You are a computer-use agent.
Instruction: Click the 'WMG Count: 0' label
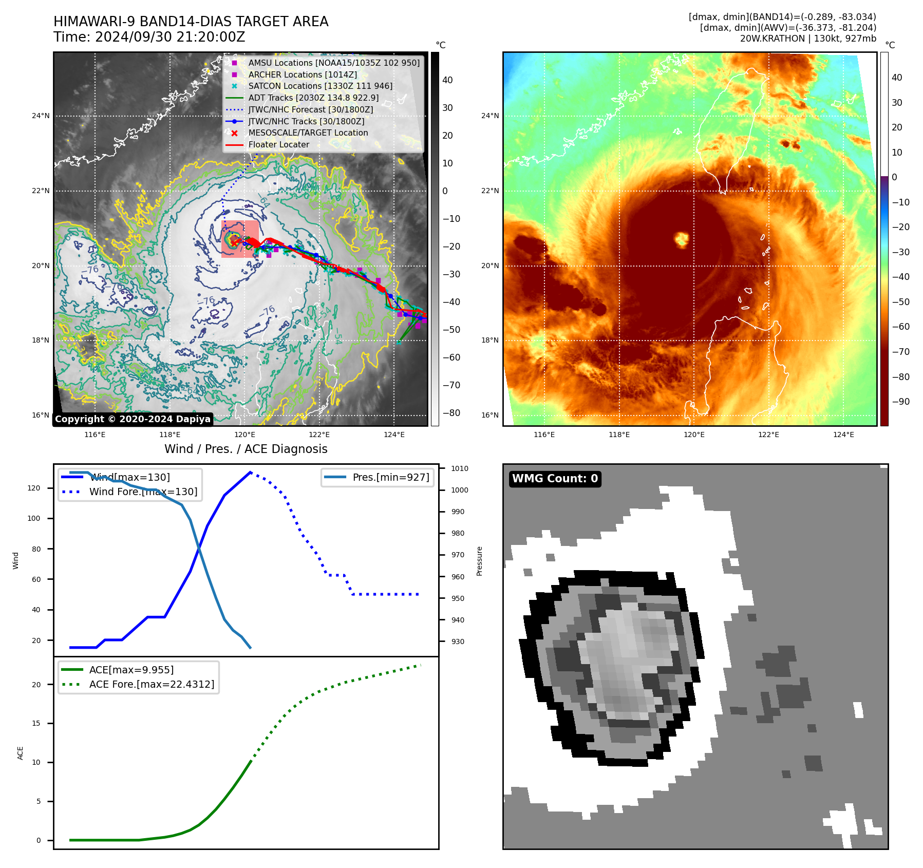pos(555,479)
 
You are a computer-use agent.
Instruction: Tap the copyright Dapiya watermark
pos(133,419)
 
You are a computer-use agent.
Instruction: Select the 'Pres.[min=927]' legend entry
pos(390,477)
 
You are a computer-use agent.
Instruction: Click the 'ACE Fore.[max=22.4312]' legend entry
pos(152,684)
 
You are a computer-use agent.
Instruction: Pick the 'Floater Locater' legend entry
pos(278,145)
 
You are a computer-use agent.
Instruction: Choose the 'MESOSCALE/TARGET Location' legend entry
pos(308,133)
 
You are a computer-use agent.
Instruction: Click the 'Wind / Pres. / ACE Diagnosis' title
pos(246,449)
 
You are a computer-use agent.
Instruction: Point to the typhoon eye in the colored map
pos(682,239)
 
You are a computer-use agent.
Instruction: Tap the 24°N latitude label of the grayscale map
pos(41,116)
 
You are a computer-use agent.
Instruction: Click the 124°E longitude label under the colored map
pos(843,435)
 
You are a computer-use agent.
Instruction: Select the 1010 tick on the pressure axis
pos(459,468)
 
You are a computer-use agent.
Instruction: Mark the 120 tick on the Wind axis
pos(34,488)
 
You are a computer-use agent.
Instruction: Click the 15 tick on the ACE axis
pos(36,723)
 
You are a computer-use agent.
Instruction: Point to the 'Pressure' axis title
pos(479,561)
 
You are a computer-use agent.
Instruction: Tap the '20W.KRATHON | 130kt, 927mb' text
pos(808,39)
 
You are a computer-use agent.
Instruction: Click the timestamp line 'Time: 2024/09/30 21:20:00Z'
pos(149,37)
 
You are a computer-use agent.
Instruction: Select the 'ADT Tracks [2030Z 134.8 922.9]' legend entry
pos(313,98)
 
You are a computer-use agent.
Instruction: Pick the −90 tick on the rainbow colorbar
pos(900,402)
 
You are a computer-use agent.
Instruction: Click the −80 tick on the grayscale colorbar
pos(451,413)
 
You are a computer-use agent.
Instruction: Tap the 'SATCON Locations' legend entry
pos(320,86)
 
